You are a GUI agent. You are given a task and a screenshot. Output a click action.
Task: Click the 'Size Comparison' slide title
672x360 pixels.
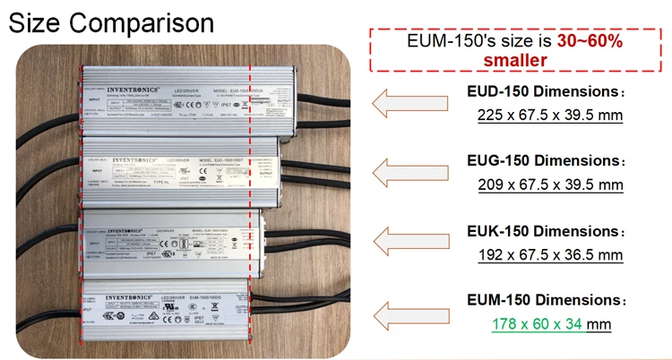pyautogui.click(x=111, y=21)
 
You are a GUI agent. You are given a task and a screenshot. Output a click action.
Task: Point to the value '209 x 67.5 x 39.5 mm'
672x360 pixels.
pyautogui.click(x=550, y=184)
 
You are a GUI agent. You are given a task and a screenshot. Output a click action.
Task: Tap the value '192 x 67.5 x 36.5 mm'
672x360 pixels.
pyautogui.click(x=550, y=254)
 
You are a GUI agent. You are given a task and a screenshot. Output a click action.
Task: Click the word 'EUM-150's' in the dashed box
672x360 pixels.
pyautogui.click(x=467, y=41)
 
